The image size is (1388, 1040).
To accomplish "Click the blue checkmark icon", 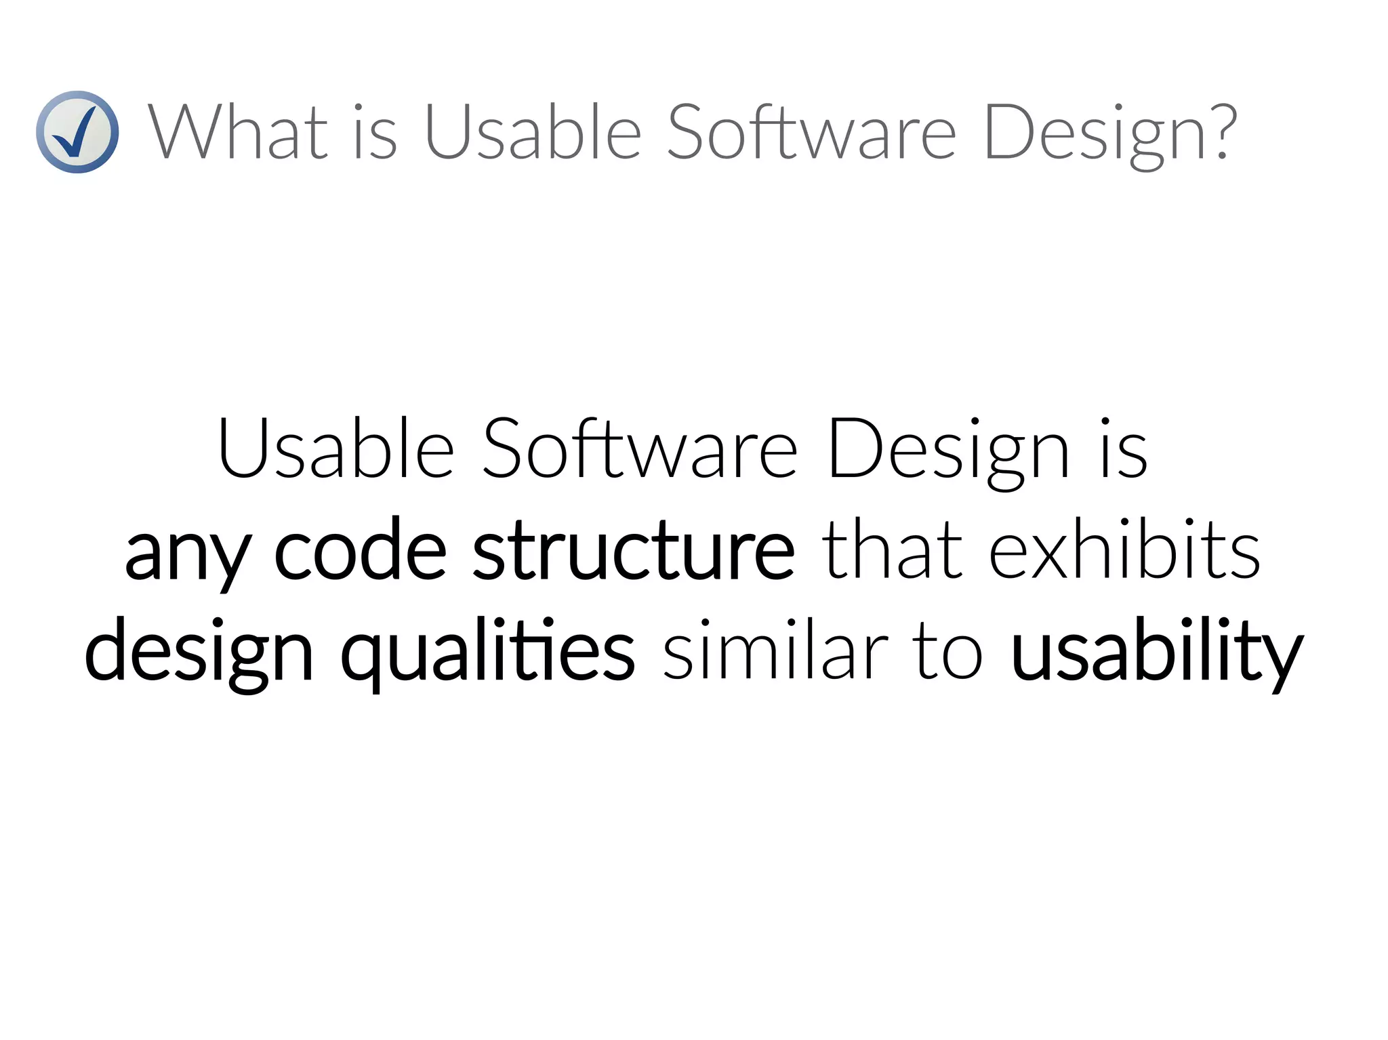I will pos(77,132).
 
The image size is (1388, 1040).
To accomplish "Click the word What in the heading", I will pos(238,132).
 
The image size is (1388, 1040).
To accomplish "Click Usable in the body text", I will pos(336,449).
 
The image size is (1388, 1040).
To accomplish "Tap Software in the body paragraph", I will pos(640,449).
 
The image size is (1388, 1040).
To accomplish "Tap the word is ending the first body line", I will pos(1124,449).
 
